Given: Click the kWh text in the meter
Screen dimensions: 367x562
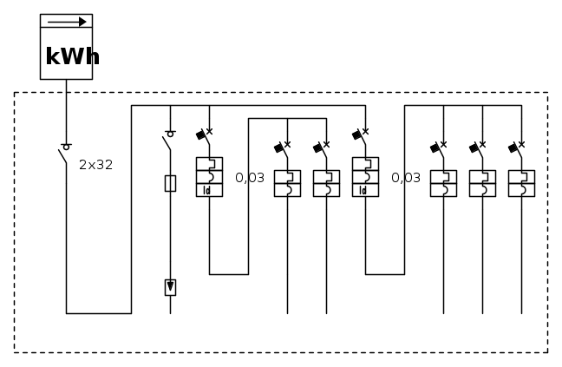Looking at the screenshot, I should coord(72,57).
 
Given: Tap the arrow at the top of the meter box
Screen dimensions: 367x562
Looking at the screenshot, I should coord(66,22).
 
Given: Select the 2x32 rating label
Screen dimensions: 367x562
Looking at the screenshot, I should coord(96,165).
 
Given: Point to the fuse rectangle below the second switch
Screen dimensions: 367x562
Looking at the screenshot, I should coord(170,183).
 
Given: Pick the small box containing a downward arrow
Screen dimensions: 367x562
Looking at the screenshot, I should coord(170,287).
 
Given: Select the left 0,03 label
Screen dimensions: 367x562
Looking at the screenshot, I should coord(250,178).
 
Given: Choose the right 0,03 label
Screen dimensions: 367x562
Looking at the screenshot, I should coord(406,178).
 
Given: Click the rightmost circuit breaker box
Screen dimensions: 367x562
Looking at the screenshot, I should coord(521,183).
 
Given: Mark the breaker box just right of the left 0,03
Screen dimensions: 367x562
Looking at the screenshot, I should coord(287,183).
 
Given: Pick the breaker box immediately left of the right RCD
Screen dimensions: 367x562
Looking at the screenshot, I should coord(326,183).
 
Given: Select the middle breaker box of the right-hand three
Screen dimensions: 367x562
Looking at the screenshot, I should coord(482,183).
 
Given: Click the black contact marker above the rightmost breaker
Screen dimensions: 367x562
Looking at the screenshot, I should coord(513,147).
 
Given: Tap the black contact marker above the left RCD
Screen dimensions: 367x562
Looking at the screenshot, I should coord(201,134).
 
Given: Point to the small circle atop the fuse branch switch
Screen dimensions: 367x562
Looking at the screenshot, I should coord(170,134).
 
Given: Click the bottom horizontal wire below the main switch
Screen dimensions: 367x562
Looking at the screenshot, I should coord(98,313).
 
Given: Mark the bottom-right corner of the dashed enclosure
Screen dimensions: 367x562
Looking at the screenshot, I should coord(547,352).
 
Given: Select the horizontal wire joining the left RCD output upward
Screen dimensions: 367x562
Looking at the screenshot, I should coord(229,274).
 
